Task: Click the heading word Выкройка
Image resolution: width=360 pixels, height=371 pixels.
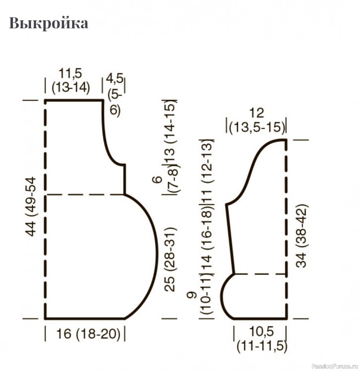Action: [48, 23]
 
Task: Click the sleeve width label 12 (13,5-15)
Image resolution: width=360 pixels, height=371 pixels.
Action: [256, 121]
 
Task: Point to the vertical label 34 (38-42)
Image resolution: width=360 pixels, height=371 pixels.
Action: [301, 236]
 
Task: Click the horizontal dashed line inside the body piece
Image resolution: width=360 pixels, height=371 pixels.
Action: [84, 195]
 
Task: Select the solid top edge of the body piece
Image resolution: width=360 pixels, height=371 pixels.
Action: [73, 100]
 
